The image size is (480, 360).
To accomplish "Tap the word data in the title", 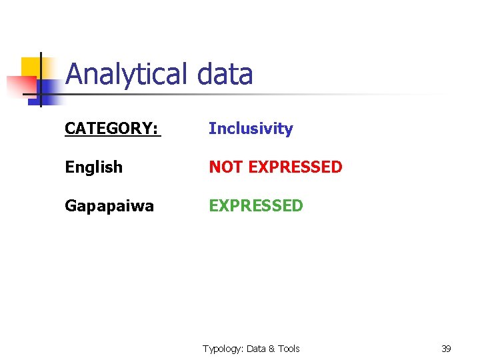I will pyautogui.click(x=225, y=75).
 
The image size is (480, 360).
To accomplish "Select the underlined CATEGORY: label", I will pyautogui.click(x=111, y=129).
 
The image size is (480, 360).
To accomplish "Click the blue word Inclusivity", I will pyautogui.click(x=251, y=129).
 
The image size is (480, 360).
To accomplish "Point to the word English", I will pyautogui.click(x=93, y=167).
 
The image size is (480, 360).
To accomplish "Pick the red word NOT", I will pyautogui.click(x=225, y=167).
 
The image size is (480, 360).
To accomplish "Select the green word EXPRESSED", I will pyautogui.click(x=256, y=205).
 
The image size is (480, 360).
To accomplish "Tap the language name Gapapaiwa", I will pyautogui.click(x=109, y=206).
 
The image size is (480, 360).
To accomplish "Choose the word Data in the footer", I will pyautogui.click(x=257, y=349).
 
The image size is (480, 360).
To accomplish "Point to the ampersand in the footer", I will pyautogui.click(x=272, y=349).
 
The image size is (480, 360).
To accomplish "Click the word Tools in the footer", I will pyautogui.click(x=289, y=349).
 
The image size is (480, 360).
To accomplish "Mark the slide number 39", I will pyautogui.click(x=446, y=349).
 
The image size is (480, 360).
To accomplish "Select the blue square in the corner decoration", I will pyautogui.click(x=48, y=89).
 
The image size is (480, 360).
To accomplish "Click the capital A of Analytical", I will pyautogui.click(x=74, y=75).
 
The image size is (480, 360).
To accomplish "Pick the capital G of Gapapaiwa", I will pyautogui.click(x=70, y=206).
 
